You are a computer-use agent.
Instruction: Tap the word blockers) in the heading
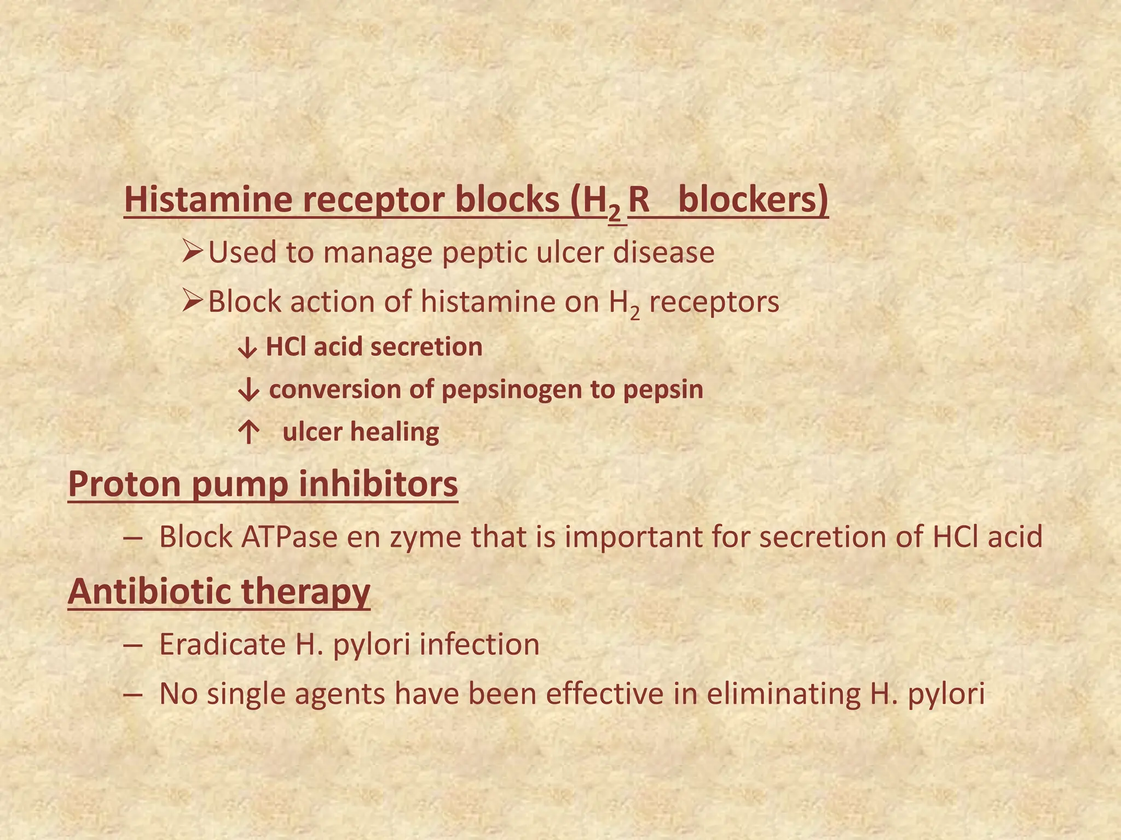pos(753,200)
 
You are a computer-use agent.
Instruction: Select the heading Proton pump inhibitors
pos(263,485)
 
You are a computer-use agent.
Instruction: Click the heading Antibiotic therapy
pos(219,592)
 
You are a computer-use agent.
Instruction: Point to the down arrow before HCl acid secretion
pos(247,348)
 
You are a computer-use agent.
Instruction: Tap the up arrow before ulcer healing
pos(249,433)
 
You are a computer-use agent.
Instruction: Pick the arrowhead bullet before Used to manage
pos(193,252)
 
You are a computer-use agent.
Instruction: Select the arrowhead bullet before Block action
pos(193,301)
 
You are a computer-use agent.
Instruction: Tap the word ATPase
pos(289,537)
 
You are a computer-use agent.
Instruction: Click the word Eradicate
pos(222,645)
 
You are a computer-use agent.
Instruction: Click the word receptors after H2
pos(714,302)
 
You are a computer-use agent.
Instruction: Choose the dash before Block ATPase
pos(133,538)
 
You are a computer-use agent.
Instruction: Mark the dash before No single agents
pos(133,695)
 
